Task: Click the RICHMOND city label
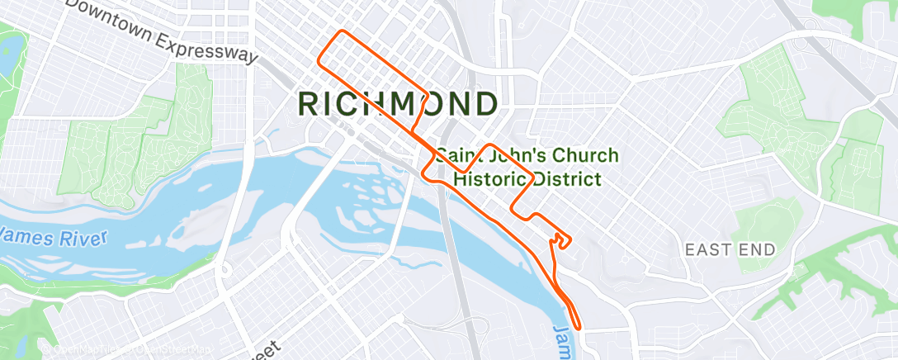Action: coord(397,104)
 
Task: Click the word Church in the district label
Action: coord(577,155)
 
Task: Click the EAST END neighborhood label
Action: coord(730,249)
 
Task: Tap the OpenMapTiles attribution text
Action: coord(83,349)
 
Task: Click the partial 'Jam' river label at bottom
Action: coord(562,339)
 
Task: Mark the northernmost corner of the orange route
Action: coord(339,32)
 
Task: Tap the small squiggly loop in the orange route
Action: coord(560,239)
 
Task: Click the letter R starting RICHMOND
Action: coord(307,104)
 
